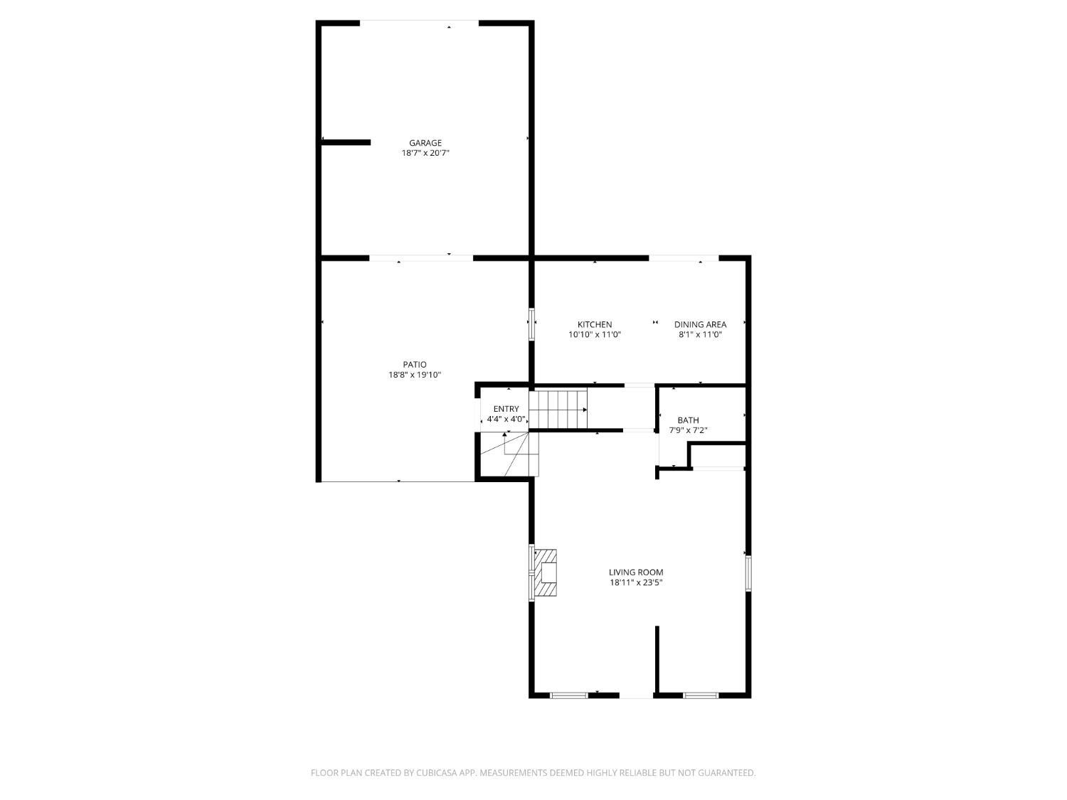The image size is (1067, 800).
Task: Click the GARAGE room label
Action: click(425, 143)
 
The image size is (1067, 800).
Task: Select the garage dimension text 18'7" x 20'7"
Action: click(425, 153)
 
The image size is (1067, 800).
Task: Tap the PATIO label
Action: click(414, 364)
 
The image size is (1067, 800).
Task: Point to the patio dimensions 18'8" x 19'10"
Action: click(414, 375)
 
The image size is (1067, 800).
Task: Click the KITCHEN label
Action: click(595, 324)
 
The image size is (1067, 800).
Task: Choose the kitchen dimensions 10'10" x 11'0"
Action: click(595, 335)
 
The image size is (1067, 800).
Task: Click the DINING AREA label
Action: click(700, 324)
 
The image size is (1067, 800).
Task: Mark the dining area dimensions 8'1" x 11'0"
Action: click(700, 335)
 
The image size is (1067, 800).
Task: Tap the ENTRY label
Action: click(506, 409)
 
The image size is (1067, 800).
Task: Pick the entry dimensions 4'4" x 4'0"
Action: click(506, 419)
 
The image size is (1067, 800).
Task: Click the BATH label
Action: click(689, 420)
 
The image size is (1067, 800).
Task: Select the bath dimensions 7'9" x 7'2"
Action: click(689, 430)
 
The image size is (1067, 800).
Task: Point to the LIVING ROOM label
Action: click(636, 572)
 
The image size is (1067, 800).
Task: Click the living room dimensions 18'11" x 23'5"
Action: click(636, 582)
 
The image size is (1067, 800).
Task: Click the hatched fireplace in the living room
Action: click(546, 572)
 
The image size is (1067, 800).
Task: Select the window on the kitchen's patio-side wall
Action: click(532, 324)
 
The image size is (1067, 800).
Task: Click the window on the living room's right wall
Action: click(748, 574)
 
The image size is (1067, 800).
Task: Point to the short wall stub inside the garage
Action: click(346, 142)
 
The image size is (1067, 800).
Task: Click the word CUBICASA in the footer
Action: click(437, 773)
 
